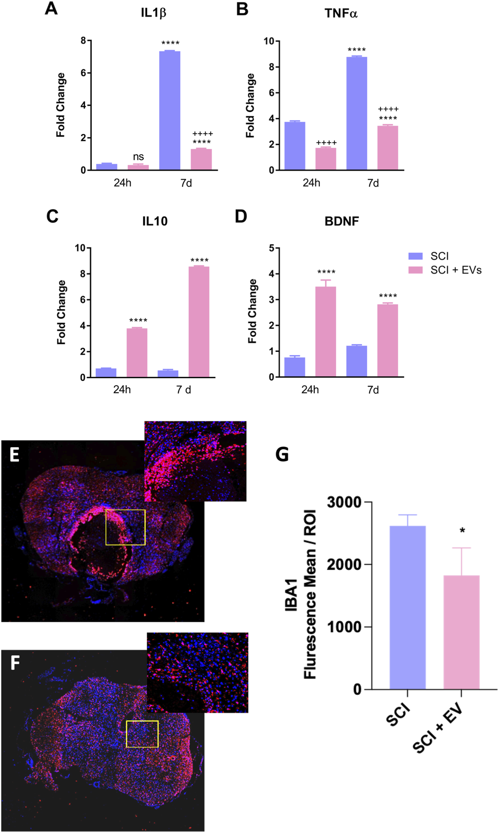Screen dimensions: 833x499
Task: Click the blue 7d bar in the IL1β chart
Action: click(170, 111)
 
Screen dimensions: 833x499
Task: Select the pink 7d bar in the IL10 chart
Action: click(199, 322)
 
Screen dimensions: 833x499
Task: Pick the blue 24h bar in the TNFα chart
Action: click(295, 146)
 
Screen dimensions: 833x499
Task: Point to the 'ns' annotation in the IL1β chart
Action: click(138, 157)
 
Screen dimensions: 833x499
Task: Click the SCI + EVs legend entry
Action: click(456, 270)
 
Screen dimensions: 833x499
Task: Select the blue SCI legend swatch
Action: click(415, 256)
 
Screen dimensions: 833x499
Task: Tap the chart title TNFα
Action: click(341, 14)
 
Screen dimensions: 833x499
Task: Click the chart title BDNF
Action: click(342, 221)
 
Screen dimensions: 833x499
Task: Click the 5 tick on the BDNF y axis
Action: click(272, 248)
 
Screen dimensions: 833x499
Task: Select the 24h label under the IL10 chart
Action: click(122, 389)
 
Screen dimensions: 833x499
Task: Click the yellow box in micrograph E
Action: click(125, 527)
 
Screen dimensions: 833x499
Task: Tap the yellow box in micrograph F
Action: click(142, 734)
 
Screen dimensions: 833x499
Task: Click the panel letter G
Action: click(282, 454)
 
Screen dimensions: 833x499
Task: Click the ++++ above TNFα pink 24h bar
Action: click(326, 143)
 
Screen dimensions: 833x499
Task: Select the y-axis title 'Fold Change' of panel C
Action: click(62, 312)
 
